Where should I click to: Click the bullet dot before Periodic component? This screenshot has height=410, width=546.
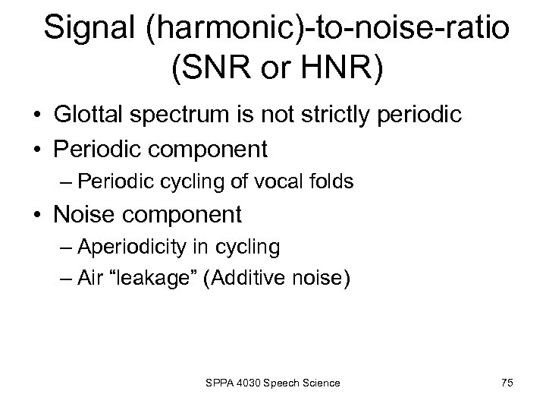coord(37,149)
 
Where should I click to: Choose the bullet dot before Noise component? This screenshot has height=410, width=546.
coord(37,216)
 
